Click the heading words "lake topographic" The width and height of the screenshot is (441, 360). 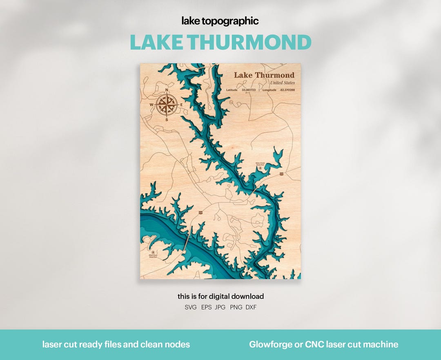220,21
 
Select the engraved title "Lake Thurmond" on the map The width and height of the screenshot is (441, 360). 264,75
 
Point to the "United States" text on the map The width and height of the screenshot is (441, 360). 283,83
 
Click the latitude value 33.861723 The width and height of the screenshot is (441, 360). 248,90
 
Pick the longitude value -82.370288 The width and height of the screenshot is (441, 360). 287,90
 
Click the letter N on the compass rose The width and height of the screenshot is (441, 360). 167,90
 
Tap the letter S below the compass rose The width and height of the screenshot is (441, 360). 167,120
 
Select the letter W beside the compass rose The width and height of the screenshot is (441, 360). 151,105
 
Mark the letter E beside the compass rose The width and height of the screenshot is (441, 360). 181,105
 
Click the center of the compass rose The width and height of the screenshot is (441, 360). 167,105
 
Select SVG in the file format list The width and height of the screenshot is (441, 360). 190,307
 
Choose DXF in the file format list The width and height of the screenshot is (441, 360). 251,307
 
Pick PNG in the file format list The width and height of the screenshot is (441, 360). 236,307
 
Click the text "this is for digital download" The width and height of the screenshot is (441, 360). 220,296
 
